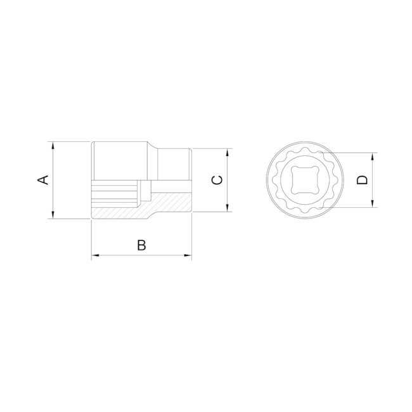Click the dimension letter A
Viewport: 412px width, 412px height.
click(x=44, y=180)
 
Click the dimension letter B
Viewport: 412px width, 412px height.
click(x=141, y=245)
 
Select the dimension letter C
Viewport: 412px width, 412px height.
click(x=217, y=180)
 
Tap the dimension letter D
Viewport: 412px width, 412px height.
click(x=362, y=180)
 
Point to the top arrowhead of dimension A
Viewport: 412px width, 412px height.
click(x=53, y=145)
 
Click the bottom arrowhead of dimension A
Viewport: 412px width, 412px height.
click(x=53, y=215)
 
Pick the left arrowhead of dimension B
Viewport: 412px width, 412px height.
click(x=95, y=255)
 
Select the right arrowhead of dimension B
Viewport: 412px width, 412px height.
click(x=188, y=255)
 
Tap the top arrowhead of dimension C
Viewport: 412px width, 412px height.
click(x=228, y=152)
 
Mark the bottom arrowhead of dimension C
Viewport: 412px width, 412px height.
click(x=228, y=208)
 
